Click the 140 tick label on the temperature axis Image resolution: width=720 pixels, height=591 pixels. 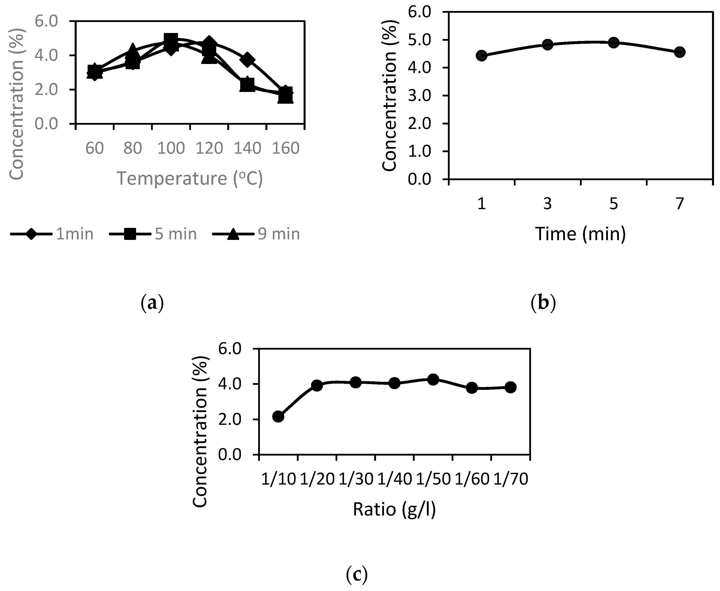[247, 148]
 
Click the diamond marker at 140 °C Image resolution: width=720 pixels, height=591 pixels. [247, 59]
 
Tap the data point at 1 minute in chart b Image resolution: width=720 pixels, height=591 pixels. [482, 55]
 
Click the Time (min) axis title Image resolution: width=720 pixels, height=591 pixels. [580, 234]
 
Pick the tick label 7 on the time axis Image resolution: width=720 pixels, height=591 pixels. [679, 204]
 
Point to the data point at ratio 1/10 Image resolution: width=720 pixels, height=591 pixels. [278, 416]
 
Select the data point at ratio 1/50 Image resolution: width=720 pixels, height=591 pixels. [433, 379]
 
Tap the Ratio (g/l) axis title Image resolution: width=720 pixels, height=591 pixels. [394, 510]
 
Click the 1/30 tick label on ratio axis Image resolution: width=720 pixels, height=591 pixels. [356, 479]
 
